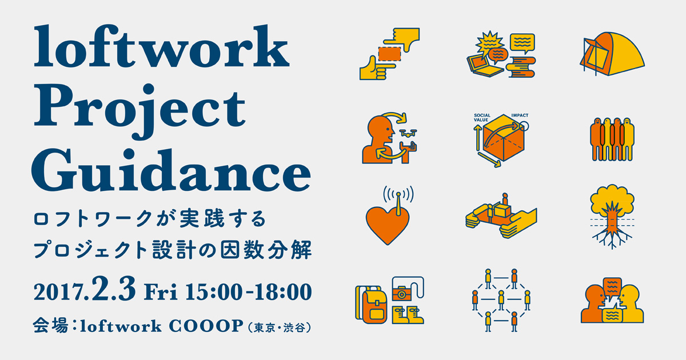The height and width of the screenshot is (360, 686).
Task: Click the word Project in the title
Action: pyautogui.click(x=139, y=111)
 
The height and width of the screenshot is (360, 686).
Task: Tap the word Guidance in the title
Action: pyautogui.click(x=171, y=170)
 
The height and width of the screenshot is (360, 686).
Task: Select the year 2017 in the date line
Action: pyautogui.click(x=58, y=292)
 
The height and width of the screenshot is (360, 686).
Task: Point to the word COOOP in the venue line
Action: pyautogui.click(x=206, y=326)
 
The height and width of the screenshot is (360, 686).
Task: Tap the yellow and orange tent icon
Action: pyautogui.click(x=612, y=54)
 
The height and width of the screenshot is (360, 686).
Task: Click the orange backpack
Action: pyautogui.click(x=374, y=307)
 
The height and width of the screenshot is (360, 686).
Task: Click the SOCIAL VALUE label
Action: pyautogui.click(x=482, y=118)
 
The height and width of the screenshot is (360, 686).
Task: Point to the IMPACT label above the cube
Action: pyautogui.click(x=520, y=115)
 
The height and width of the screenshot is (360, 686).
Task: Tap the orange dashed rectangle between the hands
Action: pyautogui.click(x=389, y=54)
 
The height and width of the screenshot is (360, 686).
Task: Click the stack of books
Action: pyautogui.click(x=521, y=67)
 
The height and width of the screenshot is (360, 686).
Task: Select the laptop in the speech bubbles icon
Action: pyautogui.click(x=484, y=66)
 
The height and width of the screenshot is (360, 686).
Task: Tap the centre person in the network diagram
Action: pyautogui.click(x=501, y=300)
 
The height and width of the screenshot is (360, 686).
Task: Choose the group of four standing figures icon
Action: pyautogui.click(x=612, y=139)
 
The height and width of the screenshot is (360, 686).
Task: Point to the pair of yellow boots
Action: pyautogui.click(x=408, y=315)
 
